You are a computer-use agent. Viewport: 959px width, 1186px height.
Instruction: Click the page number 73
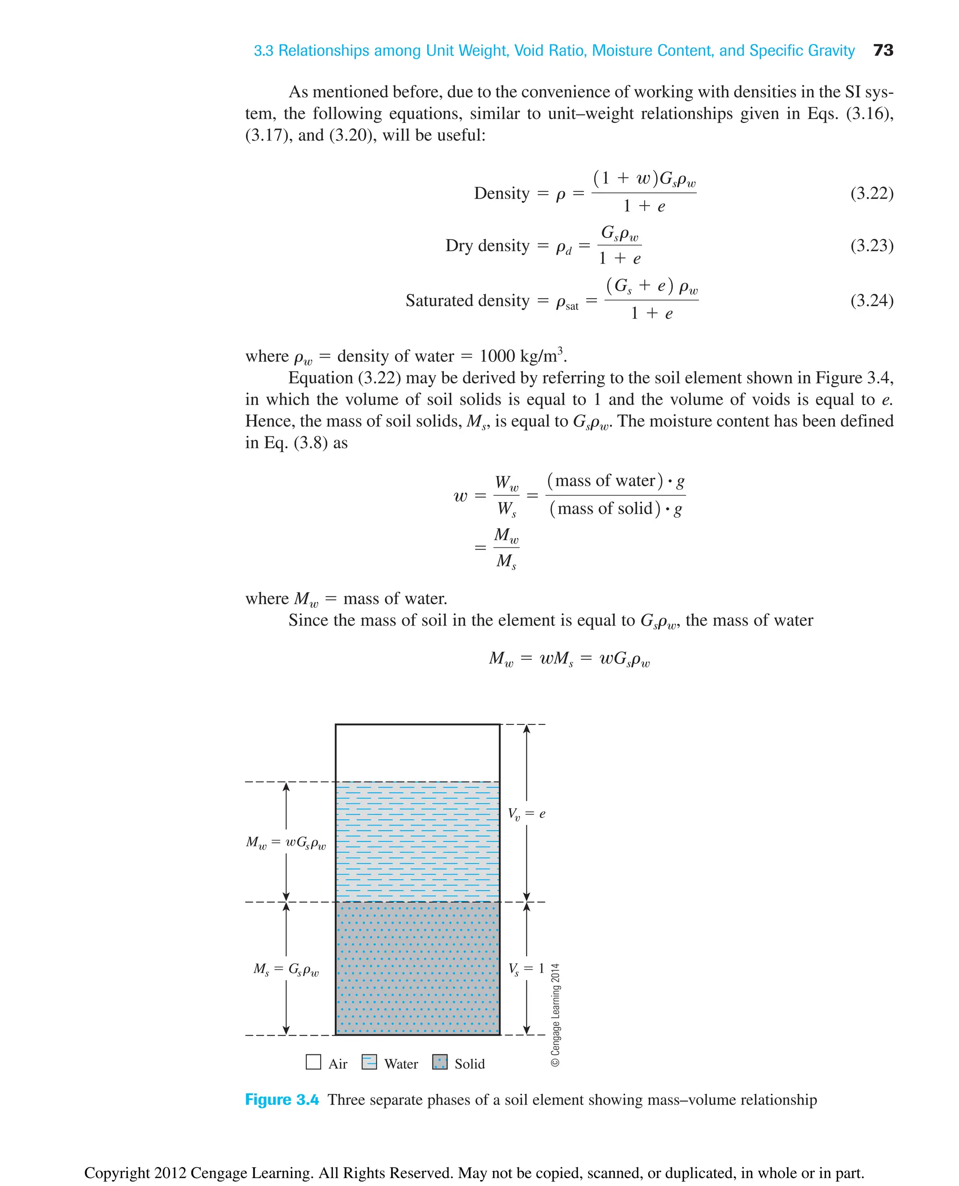pos(883,50)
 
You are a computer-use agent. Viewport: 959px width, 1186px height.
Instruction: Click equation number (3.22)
pos(871,193)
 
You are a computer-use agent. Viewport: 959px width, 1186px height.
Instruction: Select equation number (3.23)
pos(871,245)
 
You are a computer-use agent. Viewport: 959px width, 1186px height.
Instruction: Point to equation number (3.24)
pos(871,301)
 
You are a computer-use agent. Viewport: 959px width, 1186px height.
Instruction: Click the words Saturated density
pos(467,301)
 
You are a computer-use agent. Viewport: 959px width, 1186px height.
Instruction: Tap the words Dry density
pos(487,245)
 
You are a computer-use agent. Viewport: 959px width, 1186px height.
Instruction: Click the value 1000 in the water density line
pos(497,356)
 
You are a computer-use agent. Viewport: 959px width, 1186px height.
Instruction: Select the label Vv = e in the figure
pos(526,814)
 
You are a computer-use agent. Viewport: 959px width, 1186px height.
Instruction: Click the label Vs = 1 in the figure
pos(526,968)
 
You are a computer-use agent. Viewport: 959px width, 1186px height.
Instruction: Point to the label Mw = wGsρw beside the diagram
pos(286,842)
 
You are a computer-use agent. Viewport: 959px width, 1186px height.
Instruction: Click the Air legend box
pos(313,1062)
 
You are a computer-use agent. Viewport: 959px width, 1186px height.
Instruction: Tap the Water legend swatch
pos(369,1062)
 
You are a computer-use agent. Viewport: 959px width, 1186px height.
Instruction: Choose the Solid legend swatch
pos(440,1062)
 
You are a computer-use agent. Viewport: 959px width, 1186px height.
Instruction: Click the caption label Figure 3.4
pos(282,1100)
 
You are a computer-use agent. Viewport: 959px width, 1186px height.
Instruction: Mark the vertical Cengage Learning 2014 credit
pos(556,1015)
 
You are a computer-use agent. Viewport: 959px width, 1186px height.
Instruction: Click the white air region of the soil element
pos(417,752)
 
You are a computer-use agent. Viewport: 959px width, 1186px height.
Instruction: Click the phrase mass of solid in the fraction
pos(605,508)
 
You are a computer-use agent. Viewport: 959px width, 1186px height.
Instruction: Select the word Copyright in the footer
pos(117,1173)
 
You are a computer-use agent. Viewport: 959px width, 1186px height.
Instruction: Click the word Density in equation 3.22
pos(502,193)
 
